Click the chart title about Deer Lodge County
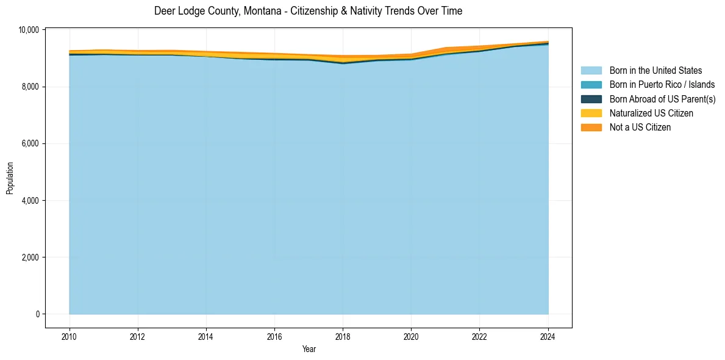pos(308,11)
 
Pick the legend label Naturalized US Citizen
pos(651,113)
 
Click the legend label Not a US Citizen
pos(640,128)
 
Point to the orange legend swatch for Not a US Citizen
pos(591,128)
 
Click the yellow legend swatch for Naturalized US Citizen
pos(591,113)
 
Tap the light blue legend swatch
pos(591,71)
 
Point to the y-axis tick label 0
pos(37,314)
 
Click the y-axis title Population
pos(10,178)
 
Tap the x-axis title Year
pos(309,349)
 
